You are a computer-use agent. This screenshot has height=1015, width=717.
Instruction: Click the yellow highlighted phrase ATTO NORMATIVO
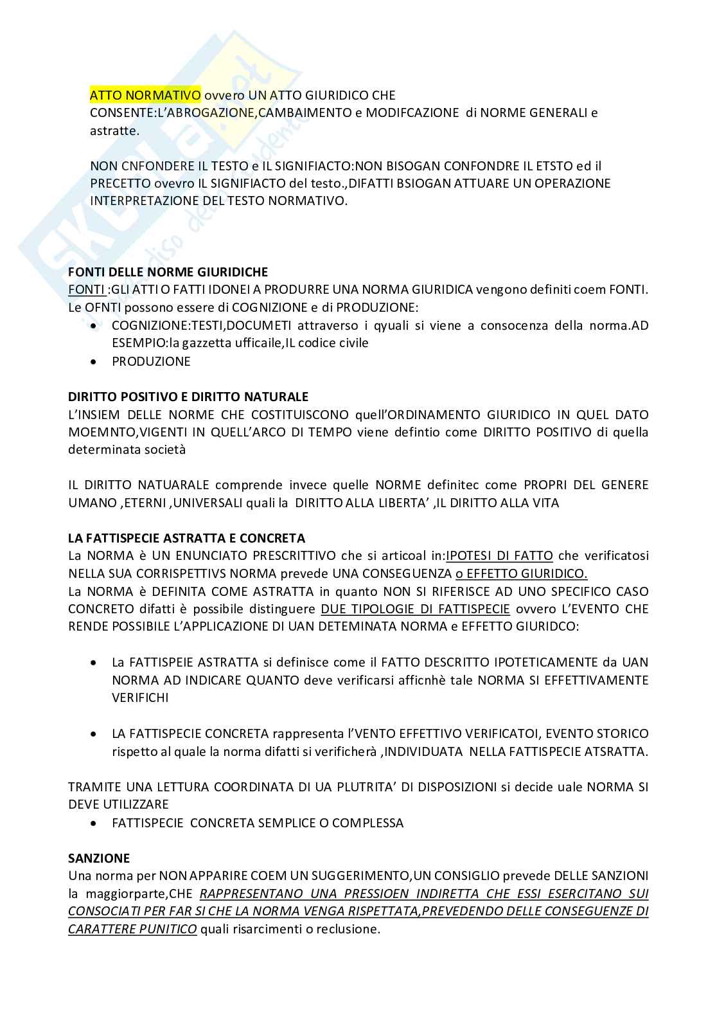[145, 95]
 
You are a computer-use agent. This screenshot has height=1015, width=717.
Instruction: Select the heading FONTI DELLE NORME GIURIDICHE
[168, 272]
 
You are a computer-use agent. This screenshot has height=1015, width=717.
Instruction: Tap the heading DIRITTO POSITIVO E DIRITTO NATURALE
[188, 397]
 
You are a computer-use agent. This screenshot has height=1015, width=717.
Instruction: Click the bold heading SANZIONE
[99, 858]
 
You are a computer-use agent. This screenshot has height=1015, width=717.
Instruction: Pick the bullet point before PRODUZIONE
[94, 362]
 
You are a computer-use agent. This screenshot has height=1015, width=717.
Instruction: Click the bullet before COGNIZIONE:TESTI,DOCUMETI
[94, 326]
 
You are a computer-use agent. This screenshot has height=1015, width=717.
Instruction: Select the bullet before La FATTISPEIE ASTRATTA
[94, 663]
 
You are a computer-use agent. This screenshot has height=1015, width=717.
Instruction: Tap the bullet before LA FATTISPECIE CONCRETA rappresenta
[94, 734]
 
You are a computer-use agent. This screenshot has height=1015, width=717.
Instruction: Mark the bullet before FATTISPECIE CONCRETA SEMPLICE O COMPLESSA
[94, 823]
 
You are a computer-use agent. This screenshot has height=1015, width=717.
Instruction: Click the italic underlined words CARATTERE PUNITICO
[132, 930]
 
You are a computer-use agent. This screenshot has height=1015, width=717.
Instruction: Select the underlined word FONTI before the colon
[85, 289]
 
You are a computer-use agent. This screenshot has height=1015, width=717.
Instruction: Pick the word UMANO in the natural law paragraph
[91, 503]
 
